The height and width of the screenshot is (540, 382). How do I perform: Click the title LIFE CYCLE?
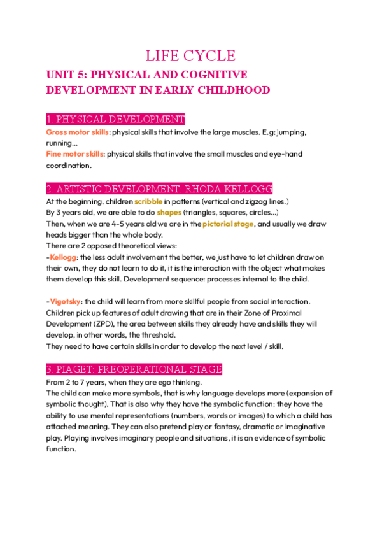pyautogui.click(x=191, y=55)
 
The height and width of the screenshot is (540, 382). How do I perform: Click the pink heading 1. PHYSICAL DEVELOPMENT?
pyautogui.click(x=115, y=120)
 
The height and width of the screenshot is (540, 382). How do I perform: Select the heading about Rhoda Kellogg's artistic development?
pyautogui.click(x=159, y=188)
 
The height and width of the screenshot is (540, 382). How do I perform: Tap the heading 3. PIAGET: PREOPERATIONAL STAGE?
pyautogui.click(x=134, y=369)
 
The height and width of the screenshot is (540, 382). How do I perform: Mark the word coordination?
pyautogui.click(x=69, y=166)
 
